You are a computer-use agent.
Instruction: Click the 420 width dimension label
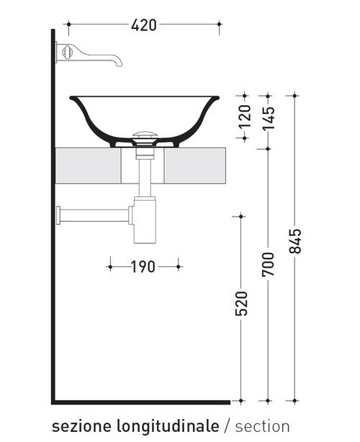(x=144, y=25)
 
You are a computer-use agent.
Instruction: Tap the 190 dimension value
(x=143, y=267)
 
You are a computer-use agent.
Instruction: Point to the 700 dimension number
(x=267, y=265)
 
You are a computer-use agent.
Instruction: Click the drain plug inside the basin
(x=146, y=135)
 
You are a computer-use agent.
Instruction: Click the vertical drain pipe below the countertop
(x=146, y=176)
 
